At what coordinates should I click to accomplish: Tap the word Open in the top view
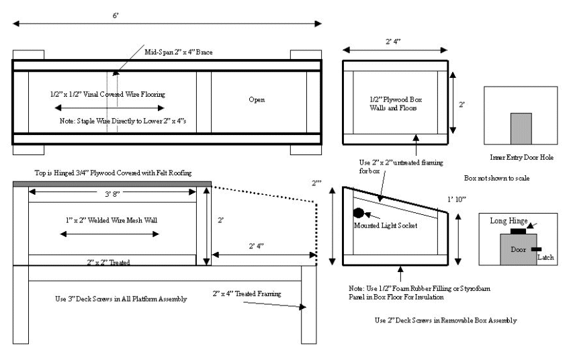click(257, 99)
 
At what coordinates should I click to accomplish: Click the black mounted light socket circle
click(358, 213)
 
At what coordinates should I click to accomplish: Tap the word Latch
click(545, 256)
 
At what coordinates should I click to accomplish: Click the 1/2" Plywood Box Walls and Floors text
click(394, 103)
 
